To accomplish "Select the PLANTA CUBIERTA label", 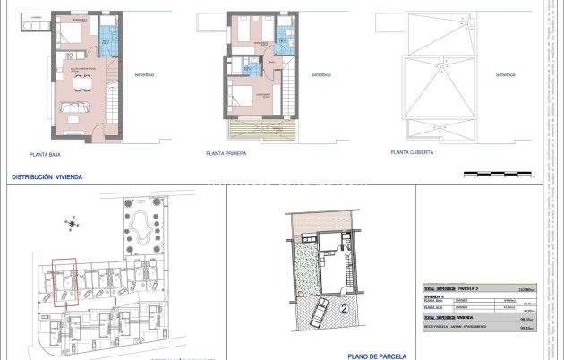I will [x=412, y=153].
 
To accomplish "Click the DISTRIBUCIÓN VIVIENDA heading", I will [x=47, y=177].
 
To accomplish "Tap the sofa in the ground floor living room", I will [x=72, y=109].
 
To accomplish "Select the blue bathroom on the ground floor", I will [x=107, y=36].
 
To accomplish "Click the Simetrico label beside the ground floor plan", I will [x=143, y=75].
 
